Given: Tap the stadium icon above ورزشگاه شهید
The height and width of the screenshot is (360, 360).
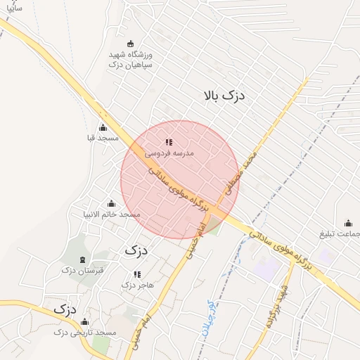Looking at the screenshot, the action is coord(130,44).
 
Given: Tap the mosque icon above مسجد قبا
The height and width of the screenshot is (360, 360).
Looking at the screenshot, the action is coord(103,127).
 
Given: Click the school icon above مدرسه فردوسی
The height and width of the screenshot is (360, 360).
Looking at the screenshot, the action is coord(168,141).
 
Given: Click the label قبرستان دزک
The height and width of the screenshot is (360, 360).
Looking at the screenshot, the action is coord(82,271).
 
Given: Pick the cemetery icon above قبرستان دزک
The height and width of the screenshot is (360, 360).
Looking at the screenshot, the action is coord(84,259).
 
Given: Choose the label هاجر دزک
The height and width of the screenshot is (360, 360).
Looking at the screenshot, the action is coord(137,285).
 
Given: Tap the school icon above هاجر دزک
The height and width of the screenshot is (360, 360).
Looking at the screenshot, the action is coord(137,274).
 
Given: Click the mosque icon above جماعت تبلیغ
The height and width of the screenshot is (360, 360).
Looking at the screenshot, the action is coord(348,223).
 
